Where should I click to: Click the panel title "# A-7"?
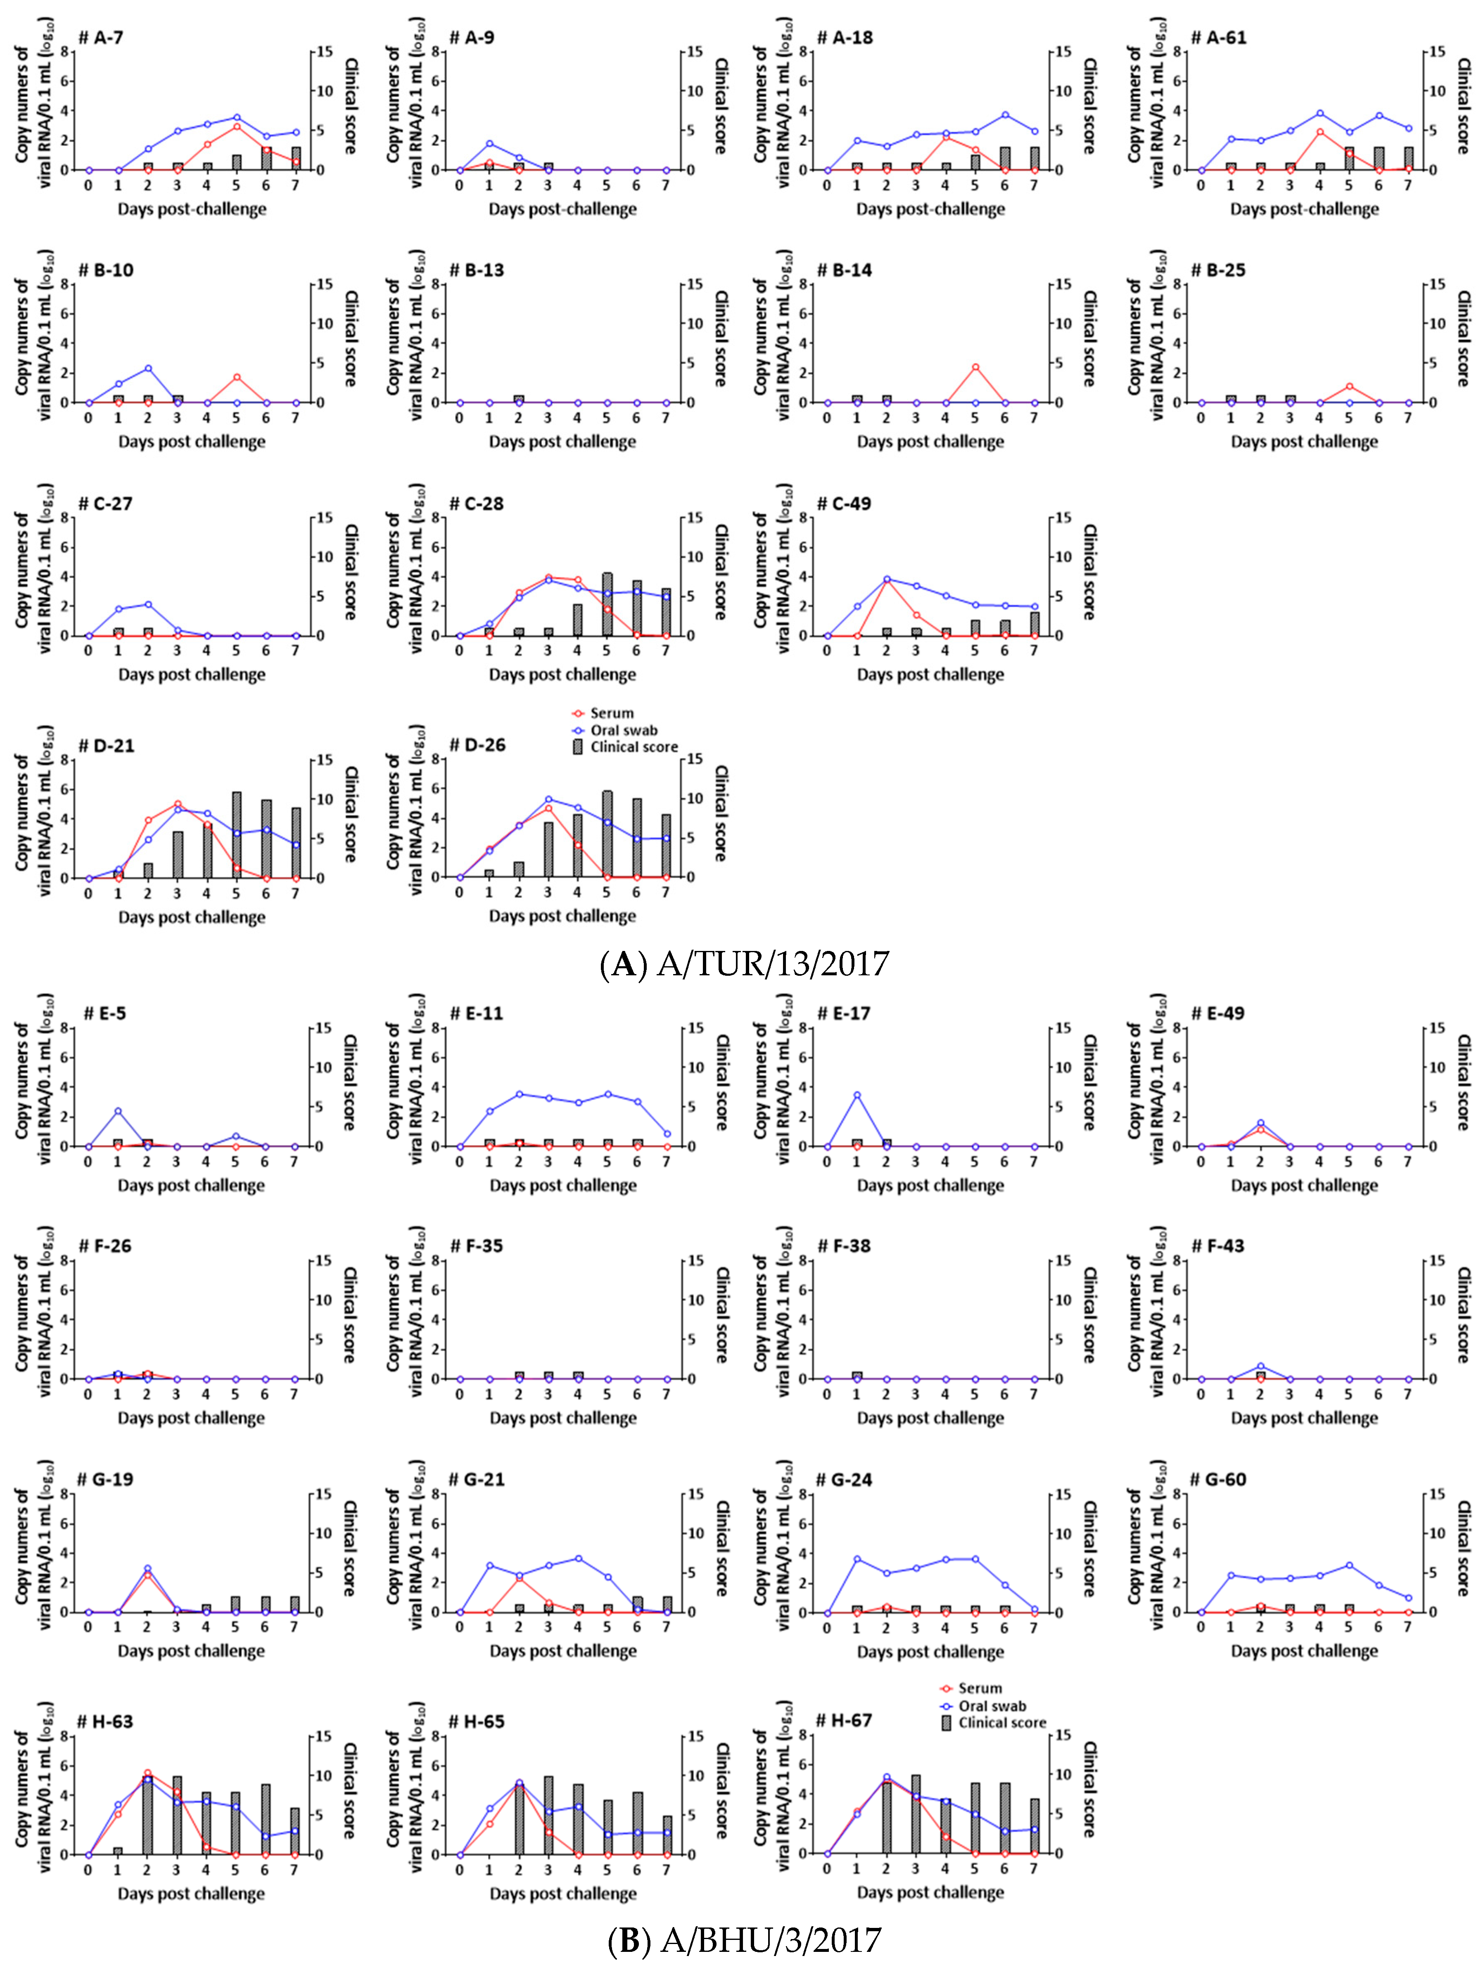pos(101,38)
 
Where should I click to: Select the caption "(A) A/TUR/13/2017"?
pos(744,963)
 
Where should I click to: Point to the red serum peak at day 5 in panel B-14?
pos(975,367)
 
